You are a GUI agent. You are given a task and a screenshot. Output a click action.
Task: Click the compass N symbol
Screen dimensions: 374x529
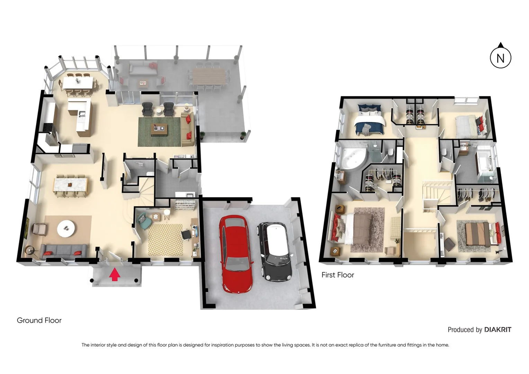[x=500, y=58]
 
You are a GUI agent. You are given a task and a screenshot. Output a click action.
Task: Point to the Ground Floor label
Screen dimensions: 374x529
[x=39, y=320]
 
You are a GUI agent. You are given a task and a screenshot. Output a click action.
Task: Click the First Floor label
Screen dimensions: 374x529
[x=338, y=275]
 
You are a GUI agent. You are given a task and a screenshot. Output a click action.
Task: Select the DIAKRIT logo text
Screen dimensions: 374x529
[x=497, y=330]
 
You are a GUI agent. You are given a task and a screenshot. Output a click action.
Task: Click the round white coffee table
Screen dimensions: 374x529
[x=66, y=228]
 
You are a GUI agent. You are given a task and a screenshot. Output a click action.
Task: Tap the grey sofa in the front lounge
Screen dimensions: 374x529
[x=64, y=251]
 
